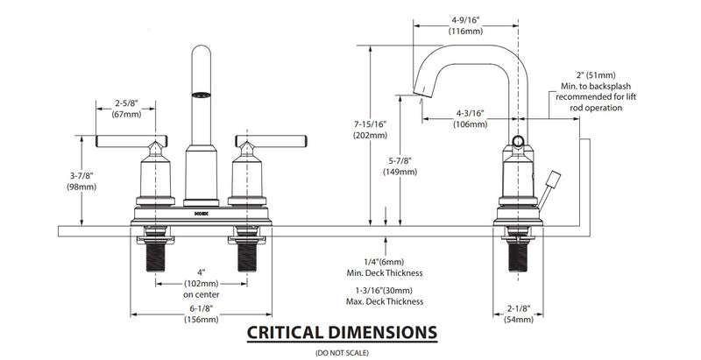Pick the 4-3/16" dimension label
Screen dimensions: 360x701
tap(471, 111)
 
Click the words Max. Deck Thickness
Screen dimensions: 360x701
tap(386, 300)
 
